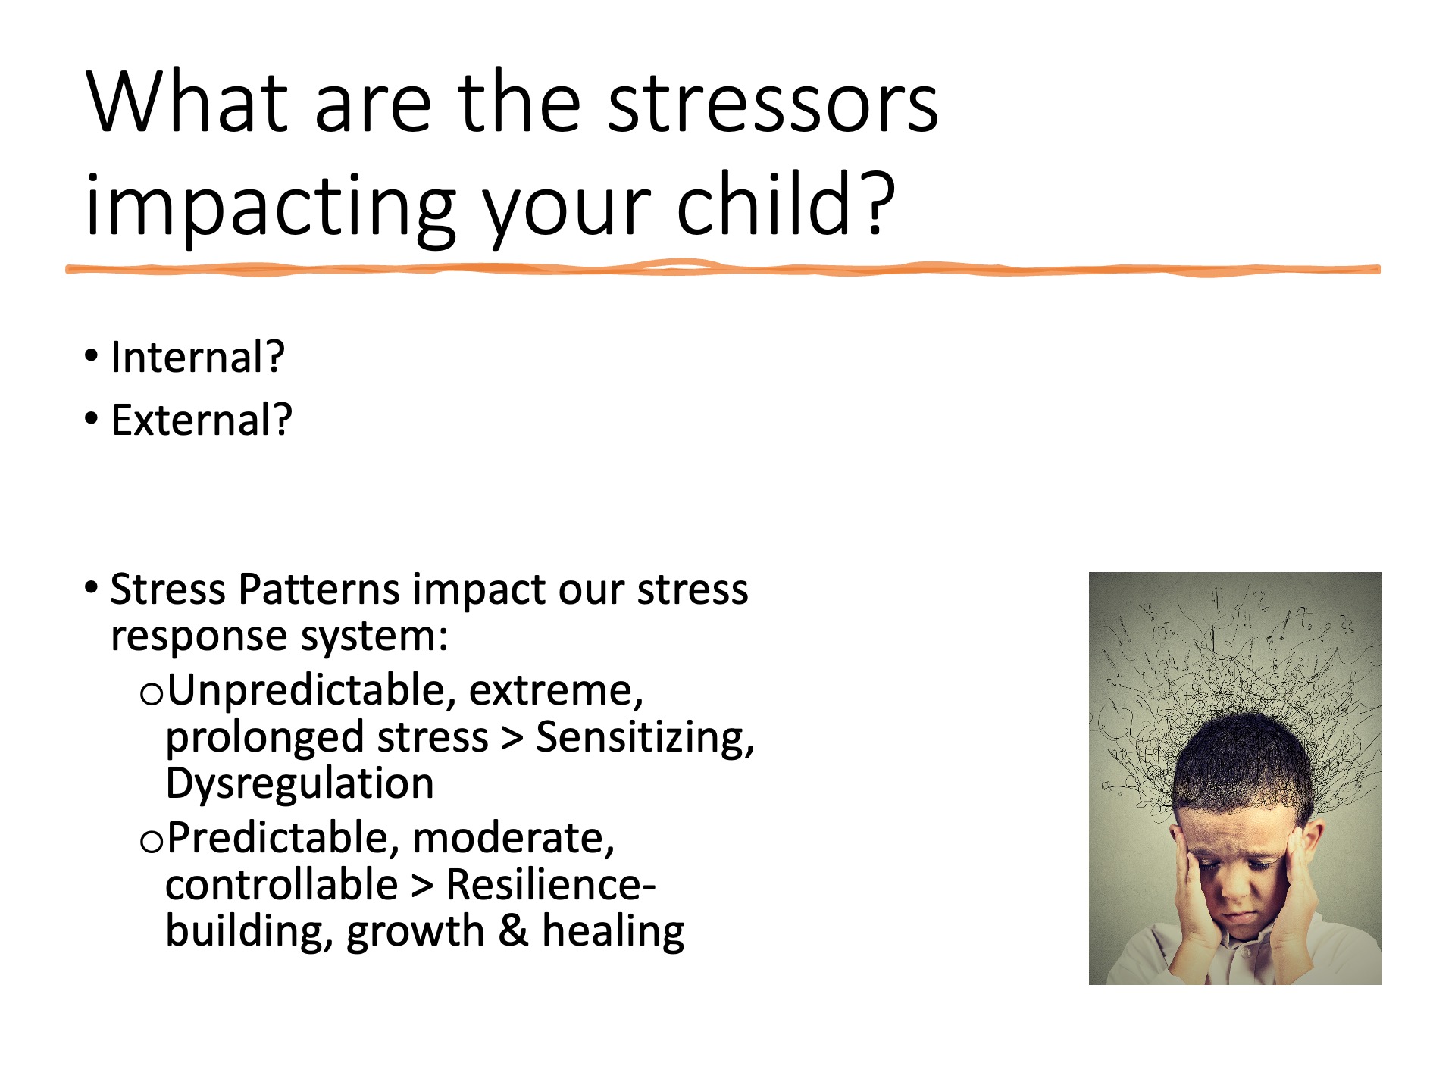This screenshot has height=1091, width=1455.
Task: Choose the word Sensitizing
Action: [645, 739]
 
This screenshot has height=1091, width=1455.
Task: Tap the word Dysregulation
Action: [299, 783]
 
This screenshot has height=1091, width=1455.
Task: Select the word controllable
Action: [282, 885]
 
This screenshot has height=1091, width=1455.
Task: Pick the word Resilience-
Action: [551, 885]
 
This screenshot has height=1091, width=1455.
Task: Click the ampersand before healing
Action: [513, 931]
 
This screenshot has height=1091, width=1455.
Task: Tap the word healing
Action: [612, 933]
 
